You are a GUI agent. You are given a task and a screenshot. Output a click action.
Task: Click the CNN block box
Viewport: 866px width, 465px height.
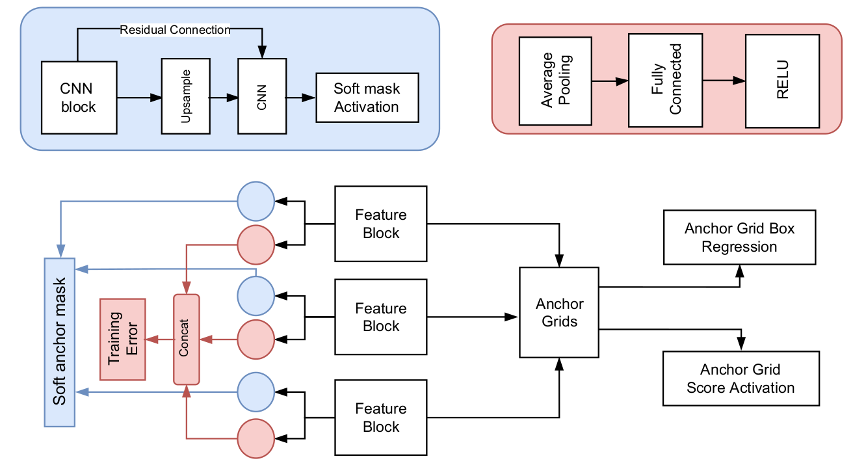click(79, 98)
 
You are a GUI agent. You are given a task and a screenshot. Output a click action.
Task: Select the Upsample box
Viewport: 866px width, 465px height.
click(185, 96)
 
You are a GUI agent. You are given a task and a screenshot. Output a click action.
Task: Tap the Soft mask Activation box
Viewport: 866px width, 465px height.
click(367, 98)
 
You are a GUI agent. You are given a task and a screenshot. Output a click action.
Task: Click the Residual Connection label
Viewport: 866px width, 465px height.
click(175, 30)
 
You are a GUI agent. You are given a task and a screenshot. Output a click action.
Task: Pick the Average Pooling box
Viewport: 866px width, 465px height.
click(555, 81)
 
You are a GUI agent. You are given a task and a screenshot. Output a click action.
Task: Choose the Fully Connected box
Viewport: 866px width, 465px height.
click(665, 80)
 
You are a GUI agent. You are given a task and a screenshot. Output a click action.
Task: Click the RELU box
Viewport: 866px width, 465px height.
click(782, 81)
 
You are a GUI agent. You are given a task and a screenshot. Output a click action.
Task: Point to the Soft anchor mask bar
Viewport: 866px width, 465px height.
click(60, 342)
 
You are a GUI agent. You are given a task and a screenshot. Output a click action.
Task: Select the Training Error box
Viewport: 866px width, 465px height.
click(123, 339)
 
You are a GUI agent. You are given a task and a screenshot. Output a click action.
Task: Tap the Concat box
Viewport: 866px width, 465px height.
click(187, 339)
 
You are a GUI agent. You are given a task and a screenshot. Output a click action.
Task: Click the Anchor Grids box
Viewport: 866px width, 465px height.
click(559, 312)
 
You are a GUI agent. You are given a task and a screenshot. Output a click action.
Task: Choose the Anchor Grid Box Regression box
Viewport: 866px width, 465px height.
click(739, 237)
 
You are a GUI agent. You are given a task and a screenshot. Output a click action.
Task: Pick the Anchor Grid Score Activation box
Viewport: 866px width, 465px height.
click(741, 379)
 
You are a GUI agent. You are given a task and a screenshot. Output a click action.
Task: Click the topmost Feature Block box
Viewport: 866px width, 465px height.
click(381, 224)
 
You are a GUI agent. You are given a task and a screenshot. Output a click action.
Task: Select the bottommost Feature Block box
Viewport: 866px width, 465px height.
click(381, 418)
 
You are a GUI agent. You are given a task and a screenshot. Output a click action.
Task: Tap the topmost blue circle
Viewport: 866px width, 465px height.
click(256, 201)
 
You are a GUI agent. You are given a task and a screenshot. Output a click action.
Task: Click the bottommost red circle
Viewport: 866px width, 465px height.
click(256, 438)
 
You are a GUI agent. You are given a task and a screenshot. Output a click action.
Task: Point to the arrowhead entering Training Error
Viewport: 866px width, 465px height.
click(151, 339)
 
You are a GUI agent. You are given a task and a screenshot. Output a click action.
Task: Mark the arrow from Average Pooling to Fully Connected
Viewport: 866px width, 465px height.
click(610, 81)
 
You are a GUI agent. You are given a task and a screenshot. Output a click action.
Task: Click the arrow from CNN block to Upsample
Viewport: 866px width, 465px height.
click(139, 98)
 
